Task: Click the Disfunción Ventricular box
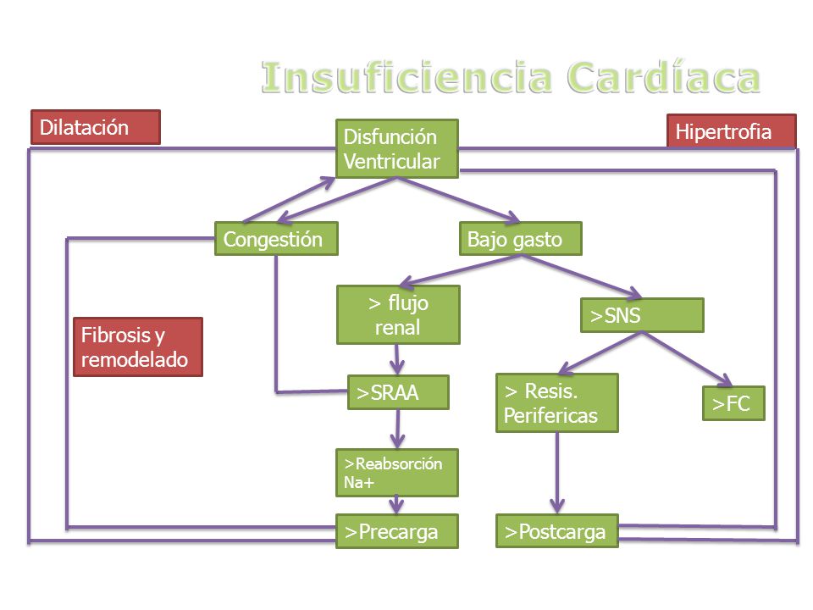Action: tap(396, 149)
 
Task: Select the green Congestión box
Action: tap(276, 239)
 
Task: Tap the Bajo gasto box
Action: tap(521, 239)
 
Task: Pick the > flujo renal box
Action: tap(398, 315)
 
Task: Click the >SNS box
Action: tap(642, 315)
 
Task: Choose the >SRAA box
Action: tap(398, 392)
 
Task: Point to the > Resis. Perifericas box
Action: tap(557, 402)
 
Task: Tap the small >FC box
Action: tap(733, 403)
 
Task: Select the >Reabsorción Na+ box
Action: tap(397, 473)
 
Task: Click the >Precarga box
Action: tap(397, 530)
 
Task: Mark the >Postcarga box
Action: tap(557, 530)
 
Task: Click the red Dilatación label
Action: tap(96, 127)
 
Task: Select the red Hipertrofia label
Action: tap(731, 131)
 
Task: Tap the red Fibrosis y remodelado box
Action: tap(138, 347)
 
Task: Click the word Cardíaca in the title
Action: tap(663, 77)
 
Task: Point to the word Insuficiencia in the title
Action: tap(407, 77)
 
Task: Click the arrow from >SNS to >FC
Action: tap(687, 359)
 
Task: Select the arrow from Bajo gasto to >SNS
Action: tap(581, 276)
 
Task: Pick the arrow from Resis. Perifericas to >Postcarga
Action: tap(557, 473)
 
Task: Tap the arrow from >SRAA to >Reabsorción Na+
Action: tap(398, 429)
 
